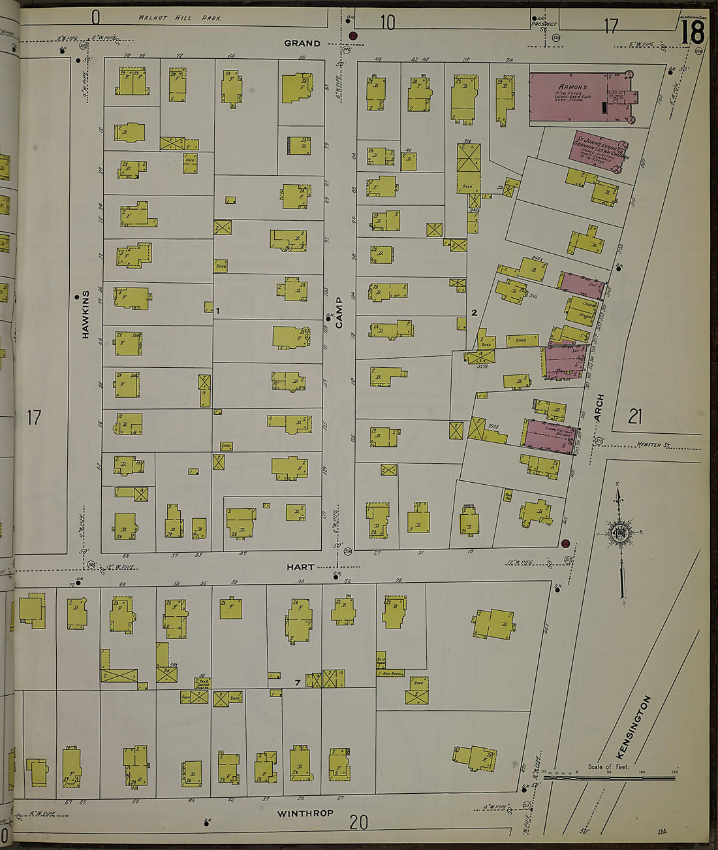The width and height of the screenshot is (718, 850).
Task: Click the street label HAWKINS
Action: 86,314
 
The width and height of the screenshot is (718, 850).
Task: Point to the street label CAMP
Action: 339,312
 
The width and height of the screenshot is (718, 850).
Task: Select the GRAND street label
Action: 302,43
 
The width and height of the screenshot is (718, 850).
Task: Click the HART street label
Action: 300,567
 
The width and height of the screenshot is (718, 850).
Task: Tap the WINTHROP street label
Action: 305,813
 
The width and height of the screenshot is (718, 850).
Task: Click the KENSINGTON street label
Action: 633,727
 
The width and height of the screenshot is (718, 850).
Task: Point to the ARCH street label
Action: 599,407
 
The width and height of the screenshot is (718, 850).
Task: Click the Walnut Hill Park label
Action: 179,18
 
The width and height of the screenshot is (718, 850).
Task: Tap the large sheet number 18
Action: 693,32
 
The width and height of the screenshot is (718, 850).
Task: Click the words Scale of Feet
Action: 608,767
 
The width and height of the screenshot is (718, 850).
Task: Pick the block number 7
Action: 297,683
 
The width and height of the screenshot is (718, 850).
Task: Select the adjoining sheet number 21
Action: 634,416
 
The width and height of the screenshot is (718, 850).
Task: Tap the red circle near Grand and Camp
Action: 353,36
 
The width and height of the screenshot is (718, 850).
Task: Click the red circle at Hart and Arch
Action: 565,543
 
